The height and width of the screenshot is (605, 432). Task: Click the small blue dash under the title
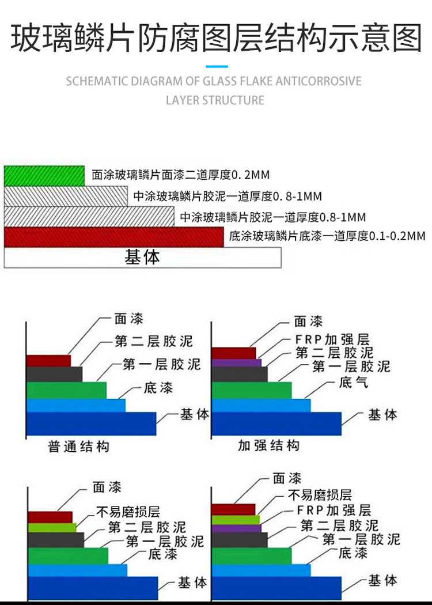click(217, 67)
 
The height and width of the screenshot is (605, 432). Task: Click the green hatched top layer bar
click(44, 176)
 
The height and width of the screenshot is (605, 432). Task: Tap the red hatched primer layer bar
click(114, 237)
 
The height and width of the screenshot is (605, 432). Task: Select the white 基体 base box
click(143, 258)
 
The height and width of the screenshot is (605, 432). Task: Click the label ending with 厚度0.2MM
click(180, 175)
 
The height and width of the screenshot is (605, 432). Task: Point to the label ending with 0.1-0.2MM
click(327, 236)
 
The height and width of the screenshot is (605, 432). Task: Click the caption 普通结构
click(79, 447)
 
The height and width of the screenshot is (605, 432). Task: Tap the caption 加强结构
click(268, 445)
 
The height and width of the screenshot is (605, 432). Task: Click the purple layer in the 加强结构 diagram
click(236, 362)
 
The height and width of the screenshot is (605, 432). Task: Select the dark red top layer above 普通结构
click(48, 361)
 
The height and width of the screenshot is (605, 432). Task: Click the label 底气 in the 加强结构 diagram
click(353, 382)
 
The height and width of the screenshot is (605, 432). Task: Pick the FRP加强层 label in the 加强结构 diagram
click(332, 339)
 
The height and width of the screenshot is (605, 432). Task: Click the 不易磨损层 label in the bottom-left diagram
click(128, 512)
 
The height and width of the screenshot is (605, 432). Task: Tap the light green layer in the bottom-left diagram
click(52, 528)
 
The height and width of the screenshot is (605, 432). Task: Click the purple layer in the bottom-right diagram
click(236, 528)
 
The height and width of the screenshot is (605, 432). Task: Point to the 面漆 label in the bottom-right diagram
click(287, 478)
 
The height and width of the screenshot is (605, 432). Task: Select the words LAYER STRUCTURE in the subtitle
click(215, 100)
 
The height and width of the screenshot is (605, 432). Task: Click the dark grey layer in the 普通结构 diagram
click(54, 375)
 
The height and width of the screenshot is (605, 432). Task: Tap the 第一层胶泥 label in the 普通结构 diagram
click(162, 364)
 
